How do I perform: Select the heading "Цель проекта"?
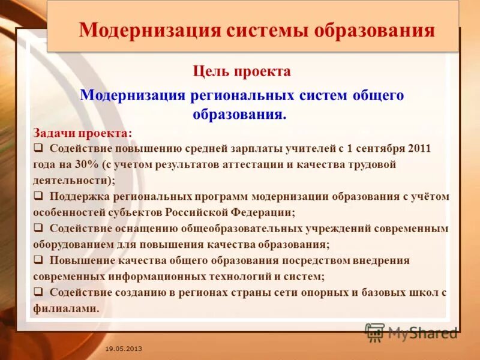click(x=242, y=71)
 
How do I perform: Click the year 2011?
click(x=419, y=148)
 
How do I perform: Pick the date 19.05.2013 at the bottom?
click(x=124, y=348)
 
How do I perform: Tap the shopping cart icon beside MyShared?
click(x=374, y=332)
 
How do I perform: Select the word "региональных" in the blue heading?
click(x=243, y=95)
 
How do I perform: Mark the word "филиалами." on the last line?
click(x=66, y=308)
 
